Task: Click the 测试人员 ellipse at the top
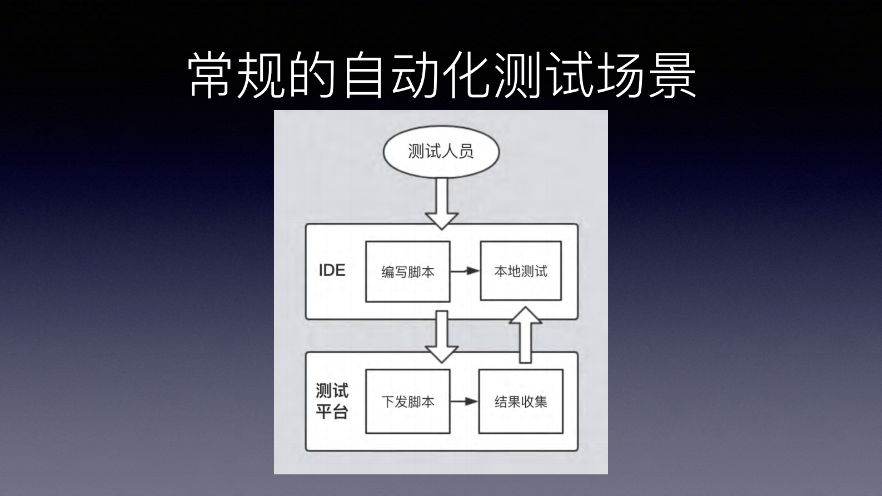pyautogui.click(x=441, y=152)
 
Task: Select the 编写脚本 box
pyautogui.click(x=407, y=272)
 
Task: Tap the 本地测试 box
pyautogui.click(x=521, y=271)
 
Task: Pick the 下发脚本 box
pyautogui.click(x=407, y=402)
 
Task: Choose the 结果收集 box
pyautogui.click(x=521, y=402)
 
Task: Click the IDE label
pyautogui.click(x=332, y=270)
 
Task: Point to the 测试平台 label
pyautogui.click(x=332, y=401)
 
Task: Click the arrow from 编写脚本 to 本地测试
pyautogui.click(x=465, y=271)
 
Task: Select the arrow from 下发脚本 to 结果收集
pyautogui.click(x=464, y=401)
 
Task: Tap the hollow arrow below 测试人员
pyautogui.click(x=441, y=203)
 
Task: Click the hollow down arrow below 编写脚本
pyautogui.click(x=441, y=336)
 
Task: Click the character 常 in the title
pyautogui.click(x=211, y=76)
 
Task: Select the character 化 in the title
pyautogui.click(x=467, y=76)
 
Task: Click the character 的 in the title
pyautogui.click(x=313, y=76)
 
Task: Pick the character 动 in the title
pyautogui.click(x=415, y=76)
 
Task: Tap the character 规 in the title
pyautogui.click(x=262, y=76)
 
